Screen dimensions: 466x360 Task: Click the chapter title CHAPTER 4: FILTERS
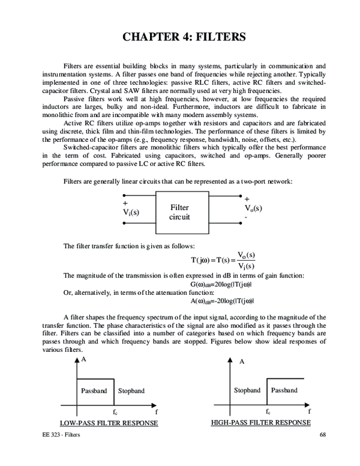click(180, 37)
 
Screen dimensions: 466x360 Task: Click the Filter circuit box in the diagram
click(179, 213)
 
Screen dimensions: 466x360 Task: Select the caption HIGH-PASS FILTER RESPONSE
click(261, 423)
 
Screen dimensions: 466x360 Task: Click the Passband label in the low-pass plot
click(94, 391)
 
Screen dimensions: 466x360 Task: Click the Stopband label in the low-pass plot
click(131, 391)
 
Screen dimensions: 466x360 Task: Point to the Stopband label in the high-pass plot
click(247, 390)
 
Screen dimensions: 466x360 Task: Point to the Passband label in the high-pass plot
click(284, 390)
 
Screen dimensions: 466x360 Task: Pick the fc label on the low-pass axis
click(115, 413)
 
